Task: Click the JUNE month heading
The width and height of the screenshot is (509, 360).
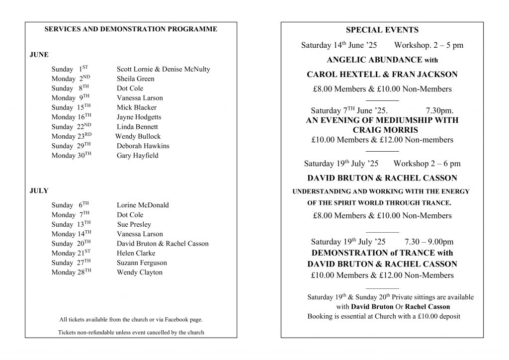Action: point(39,55)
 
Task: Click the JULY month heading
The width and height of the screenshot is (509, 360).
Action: point(39,190)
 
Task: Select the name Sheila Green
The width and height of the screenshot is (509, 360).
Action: point(135,79)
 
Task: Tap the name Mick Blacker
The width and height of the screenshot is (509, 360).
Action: point(136,107)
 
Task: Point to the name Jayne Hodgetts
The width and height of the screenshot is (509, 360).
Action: point(139,117)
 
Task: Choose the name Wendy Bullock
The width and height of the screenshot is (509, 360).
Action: point(138,136)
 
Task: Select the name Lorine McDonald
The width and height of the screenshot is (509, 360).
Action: point(143,205)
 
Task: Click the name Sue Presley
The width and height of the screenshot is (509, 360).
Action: point(134,224)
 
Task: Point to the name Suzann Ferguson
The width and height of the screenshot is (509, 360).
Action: point(142,263)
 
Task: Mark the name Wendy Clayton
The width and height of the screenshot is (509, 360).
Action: point(139,272)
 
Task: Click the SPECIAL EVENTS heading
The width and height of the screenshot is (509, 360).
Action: point(382,30)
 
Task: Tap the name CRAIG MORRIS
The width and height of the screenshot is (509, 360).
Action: point(382,130)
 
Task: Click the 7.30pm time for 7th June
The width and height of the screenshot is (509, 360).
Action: point(439,110)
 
